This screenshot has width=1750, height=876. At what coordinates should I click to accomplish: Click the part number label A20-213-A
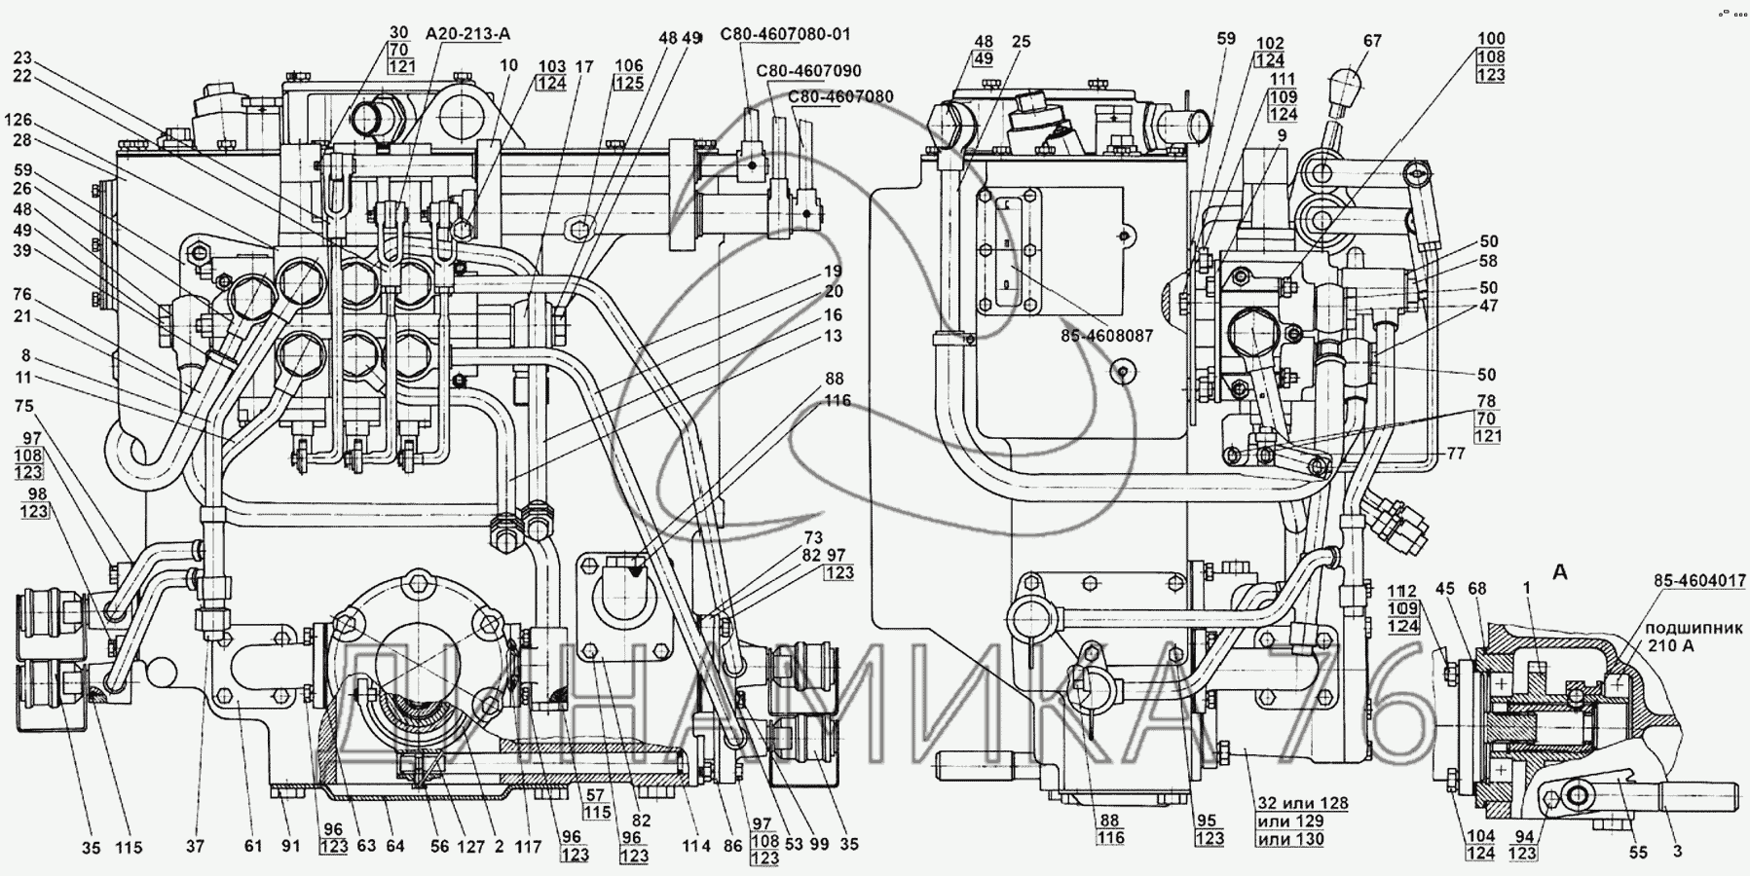point(467,34)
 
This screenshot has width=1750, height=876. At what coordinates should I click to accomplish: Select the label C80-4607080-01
point(785,34)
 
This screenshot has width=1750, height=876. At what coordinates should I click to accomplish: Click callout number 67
point(1373,41)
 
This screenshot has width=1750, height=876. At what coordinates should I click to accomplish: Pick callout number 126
point(18,121)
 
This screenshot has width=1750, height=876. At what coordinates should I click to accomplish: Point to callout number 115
point(130,848)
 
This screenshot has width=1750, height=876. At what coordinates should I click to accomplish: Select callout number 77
point(1455,454)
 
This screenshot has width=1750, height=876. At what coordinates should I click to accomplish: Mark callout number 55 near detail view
point(1639,853)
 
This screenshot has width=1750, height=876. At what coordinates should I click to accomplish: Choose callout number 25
point(1021,70)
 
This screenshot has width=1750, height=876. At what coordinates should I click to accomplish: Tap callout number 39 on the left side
point(20,250)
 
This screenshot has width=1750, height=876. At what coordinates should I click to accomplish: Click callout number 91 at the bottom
point(291,848)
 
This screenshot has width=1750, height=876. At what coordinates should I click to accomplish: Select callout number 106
point(629,65)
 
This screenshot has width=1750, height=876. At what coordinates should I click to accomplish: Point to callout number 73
point(812,536)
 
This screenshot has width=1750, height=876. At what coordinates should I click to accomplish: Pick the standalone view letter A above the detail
point(1559,573)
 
